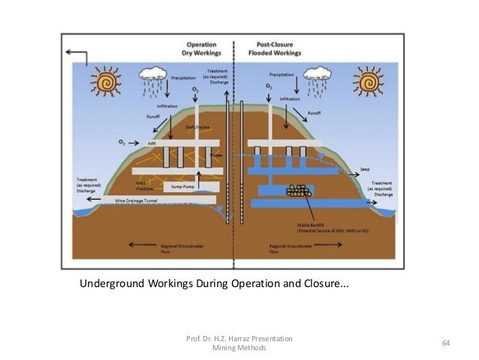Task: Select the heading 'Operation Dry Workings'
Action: tap(194, 50)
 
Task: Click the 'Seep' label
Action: tap(365, 169)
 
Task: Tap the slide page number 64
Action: tap(445, 343)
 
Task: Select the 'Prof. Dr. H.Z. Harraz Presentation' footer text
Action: tap(239, 340)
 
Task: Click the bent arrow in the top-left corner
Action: tap(76, 56)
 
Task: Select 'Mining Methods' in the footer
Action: tap(239, 349)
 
